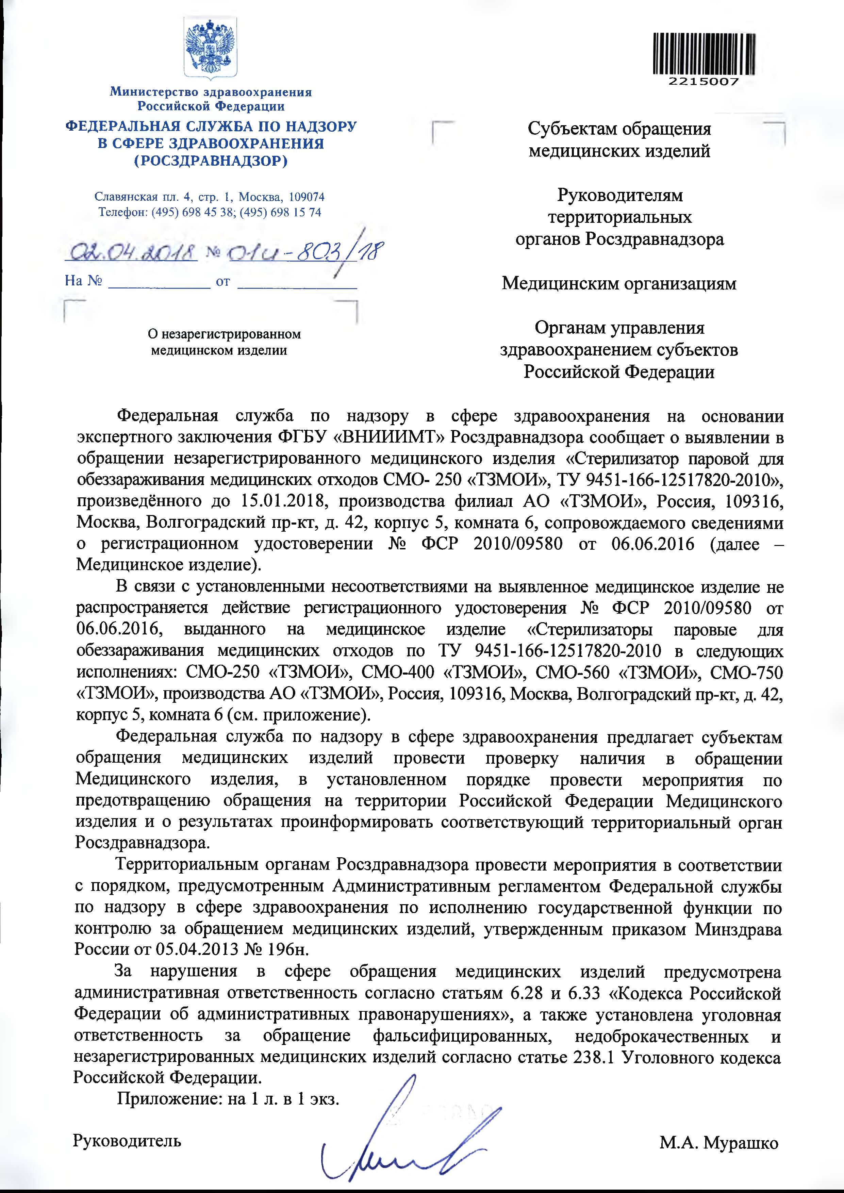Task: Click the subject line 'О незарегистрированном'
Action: tap(225, 334)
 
